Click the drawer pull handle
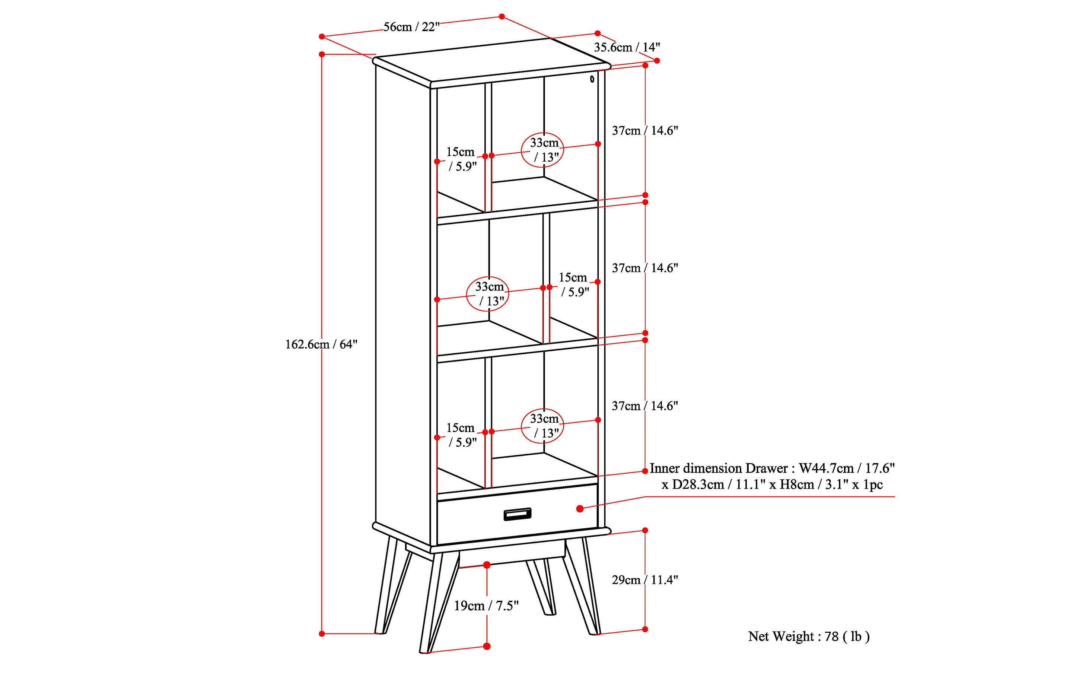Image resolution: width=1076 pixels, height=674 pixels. coord(517,514)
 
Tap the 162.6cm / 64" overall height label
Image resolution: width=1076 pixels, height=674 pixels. coord(321,344)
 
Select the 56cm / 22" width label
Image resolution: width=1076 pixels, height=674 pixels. coord(411,27)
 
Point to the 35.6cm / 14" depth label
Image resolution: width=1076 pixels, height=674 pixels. coord(627,47)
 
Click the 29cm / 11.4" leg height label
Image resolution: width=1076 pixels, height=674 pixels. coord(644,579)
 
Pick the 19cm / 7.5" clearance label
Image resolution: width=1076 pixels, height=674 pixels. coord(486,606)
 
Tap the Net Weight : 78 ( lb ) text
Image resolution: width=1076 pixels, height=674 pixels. coord(809,636)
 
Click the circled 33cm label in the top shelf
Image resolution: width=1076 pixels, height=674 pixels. coord(543,150)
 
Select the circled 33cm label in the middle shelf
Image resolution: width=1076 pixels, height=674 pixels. coord(489,294)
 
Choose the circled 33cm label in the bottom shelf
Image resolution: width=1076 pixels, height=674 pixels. coord(543,426)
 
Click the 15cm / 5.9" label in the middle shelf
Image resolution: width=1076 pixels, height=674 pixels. coord(574,284)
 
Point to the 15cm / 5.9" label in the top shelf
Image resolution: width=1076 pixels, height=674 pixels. coord(461,159)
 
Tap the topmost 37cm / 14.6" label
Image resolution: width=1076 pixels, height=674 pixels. coord(644,131)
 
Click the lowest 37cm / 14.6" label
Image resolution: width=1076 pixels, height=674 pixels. coord(644,406)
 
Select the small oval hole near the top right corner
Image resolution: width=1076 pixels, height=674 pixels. coord(592,79)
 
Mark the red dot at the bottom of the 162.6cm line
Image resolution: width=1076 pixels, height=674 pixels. coord(322,633)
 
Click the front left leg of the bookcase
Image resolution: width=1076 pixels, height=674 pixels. coord(434,602)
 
